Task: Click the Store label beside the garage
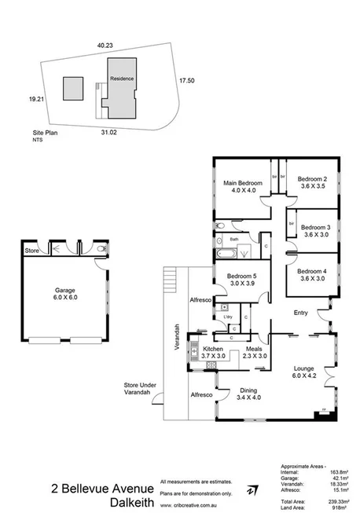[x=31, y=251]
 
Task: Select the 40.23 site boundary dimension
[x=106, y=46]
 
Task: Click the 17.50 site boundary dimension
[x=186, y=80]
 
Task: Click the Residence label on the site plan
[x=121, y=79]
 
